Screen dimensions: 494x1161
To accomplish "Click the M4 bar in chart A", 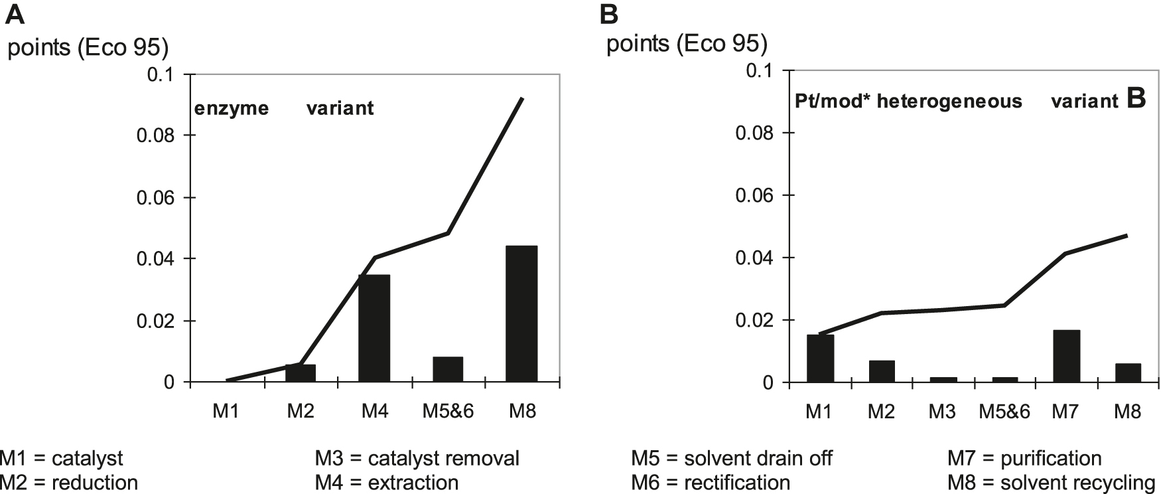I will point(374,329).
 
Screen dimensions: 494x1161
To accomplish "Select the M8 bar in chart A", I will point(521,314).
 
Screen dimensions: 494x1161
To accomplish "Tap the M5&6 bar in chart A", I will point(448,369).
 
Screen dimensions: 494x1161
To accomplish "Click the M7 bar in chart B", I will point(1065,357).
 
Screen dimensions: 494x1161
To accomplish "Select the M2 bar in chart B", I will point(882,371).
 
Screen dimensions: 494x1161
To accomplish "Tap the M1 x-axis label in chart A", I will point(226,412).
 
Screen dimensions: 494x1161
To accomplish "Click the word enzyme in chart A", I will point(232,108).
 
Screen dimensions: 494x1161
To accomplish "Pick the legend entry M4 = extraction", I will point(387,483).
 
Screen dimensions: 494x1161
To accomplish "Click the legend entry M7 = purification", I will point(1024,459).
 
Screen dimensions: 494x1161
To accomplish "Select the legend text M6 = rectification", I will point(711,483).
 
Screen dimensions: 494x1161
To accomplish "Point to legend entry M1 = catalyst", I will point(61,459).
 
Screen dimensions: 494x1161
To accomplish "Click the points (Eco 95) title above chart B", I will point(687,44).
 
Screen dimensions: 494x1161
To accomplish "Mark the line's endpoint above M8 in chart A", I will point(523,99).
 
